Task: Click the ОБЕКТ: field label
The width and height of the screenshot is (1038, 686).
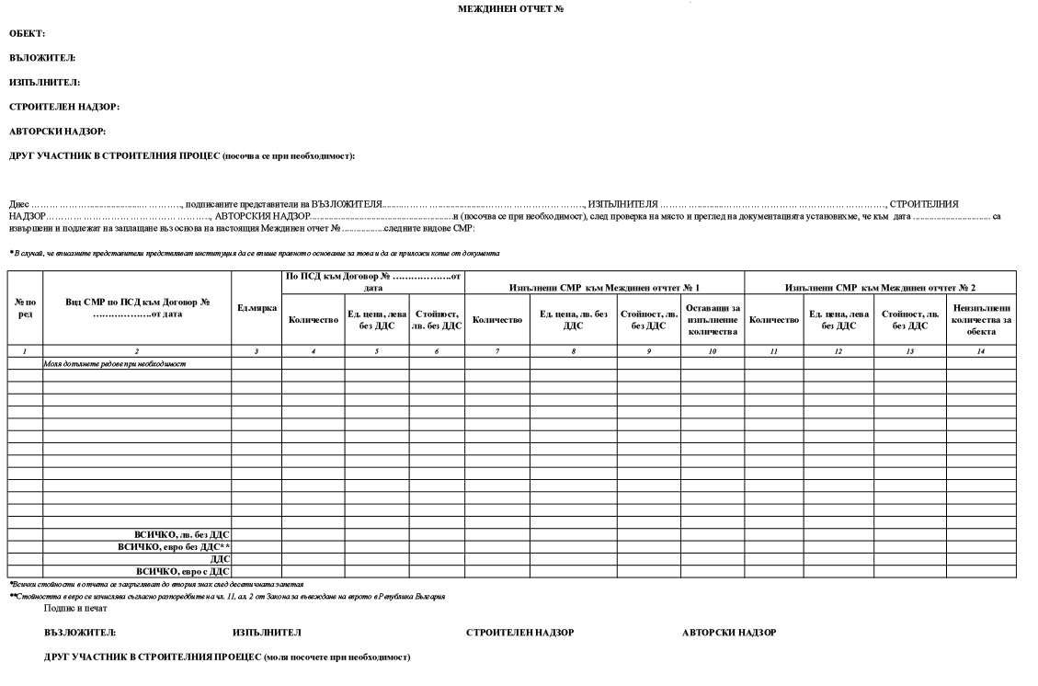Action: pyautogui.click(x=28, y=33)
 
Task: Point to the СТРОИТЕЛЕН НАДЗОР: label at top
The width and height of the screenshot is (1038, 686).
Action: pyautogui.click(x=64, y=107)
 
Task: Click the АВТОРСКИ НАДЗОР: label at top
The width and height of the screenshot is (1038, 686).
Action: pyautogui.click(x=56, y=131)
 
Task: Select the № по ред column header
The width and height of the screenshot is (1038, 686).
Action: pyautogui.click(x=26, y=307)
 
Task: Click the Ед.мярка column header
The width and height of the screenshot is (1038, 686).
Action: pyautogui.click(x=257, y=307)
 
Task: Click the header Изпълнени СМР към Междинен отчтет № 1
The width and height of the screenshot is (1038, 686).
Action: pyautogui.click(x=603, y=288)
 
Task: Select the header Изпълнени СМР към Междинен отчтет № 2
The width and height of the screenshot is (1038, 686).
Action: pyautogui.click(x=880, y=288)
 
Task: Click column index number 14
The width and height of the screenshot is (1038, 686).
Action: pyautogui.click(x=981, y=352)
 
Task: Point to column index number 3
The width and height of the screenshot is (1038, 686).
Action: pyautogui.click(x=257, y=352)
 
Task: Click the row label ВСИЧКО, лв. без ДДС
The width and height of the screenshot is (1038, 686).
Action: pyautogui.click(x=181, y=534)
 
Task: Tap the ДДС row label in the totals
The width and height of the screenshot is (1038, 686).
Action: pyautogui.click(x=221, y=559)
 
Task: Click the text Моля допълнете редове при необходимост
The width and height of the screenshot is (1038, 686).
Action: pyautogui.click(x=115, y=364)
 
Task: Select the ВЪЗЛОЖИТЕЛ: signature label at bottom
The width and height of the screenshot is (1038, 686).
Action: pyautogui.click(x=80, y=633)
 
